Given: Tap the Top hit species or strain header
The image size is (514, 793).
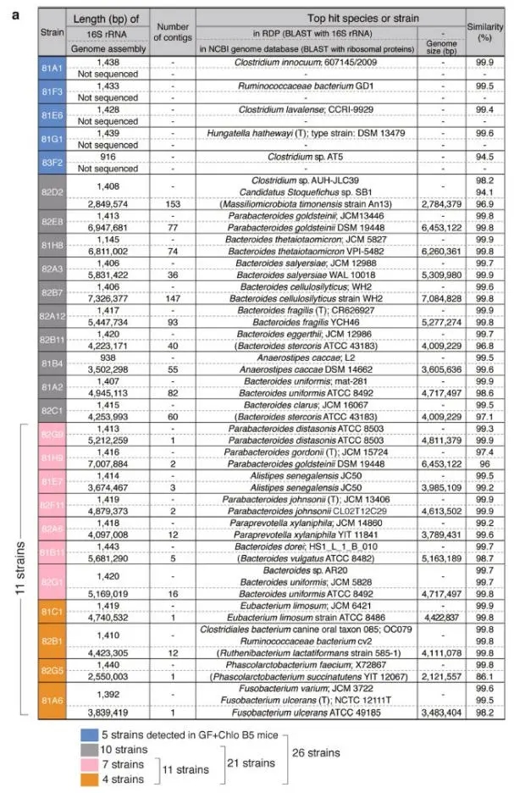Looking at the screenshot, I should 330,16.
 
